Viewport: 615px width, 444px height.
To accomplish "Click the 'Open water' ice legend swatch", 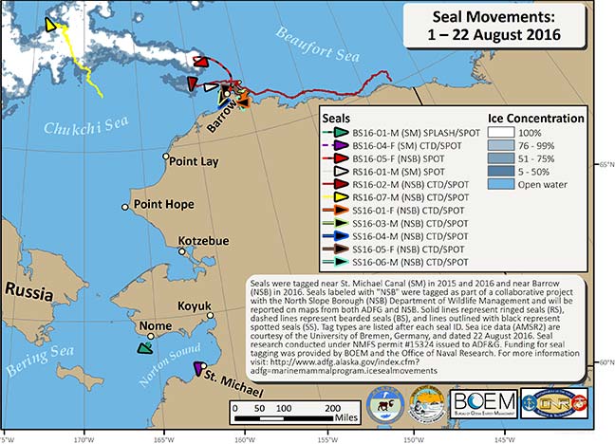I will (506, 211).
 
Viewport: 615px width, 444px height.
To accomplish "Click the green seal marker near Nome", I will (144, 348).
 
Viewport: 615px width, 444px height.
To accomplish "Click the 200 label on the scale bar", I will (331, 405).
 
